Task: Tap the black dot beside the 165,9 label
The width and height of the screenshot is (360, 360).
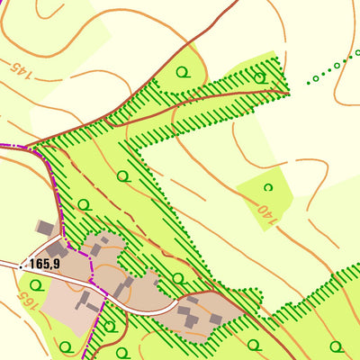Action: pyautogui.click(x=21, y=264)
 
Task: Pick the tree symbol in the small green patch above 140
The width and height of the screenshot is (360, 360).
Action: pyautogui.click(x=267, y=187)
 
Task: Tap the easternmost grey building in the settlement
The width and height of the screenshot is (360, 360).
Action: pyautogui.click(x=216, y=319)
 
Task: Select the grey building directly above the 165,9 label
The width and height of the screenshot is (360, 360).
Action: pyautogui.click(x=56, y=247)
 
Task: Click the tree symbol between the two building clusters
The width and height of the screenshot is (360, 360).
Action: pyautogui.click(x=177, y=278)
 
